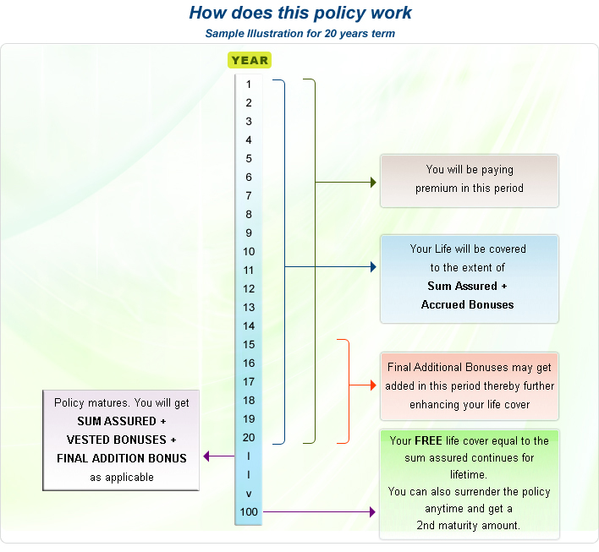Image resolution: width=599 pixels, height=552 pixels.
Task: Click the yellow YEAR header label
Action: tap(249, 60)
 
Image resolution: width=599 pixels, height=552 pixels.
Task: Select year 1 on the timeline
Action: tap(249, 85)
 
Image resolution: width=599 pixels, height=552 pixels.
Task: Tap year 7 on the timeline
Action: tap(249, 196)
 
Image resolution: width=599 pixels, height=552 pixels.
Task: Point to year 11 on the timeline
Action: tap(249, 271)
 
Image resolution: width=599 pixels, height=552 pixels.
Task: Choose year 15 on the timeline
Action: tap(249, 345)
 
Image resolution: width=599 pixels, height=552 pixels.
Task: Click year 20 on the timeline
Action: tap(249, 438)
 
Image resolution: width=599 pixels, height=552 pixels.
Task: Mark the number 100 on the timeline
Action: tap(249, 512)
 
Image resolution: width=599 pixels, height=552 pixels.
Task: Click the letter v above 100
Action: tap(249, 494)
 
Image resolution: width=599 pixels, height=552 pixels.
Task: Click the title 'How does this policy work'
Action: tap(300, 13)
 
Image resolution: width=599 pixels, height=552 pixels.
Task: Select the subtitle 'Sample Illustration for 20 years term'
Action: tap(299, 34)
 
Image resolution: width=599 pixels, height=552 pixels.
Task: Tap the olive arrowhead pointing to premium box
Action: tap(373, 182)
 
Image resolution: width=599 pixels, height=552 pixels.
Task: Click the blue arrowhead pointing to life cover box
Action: tap(373, 267)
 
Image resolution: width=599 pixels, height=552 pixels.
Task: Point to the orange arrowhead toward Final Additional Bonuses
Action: tap(373, 385)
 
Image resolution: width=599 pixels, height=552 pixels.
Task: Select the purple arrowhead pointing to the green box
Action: tap(373, 511)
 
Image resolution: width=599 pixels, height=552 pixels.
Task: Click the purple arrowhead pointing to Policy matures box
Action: tap(207, 456)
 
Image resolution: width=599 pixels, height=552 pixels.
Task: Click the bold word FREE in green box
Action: tap(428, 441)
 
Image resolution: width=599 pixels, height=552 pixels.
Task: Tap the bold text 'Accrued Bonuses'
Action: tap(467, 305)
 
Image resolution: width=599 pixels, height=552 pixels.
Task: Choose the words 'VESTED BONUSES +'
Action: tap(122, 440)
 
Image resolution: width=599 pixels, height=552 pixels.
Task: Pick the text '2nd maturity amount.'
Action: tap(468, 526)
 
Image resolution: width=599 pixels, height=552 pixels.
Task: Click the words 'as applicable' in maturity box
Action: tap(122, 478)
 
